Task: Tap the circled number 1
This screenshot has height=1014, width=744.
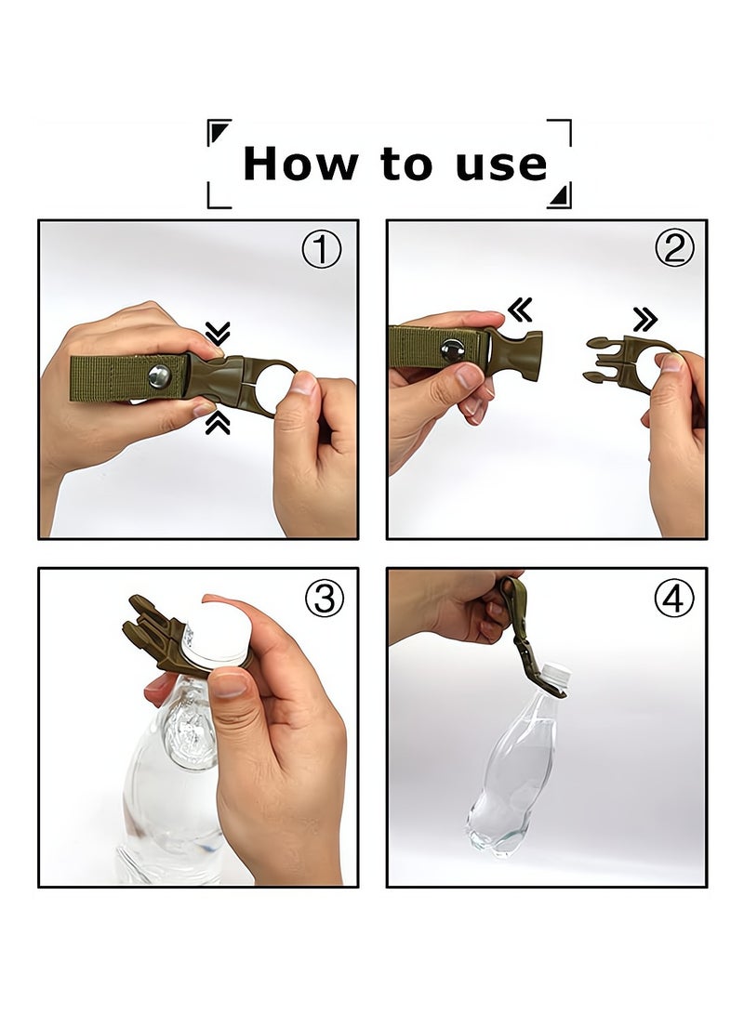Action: coord(322,250)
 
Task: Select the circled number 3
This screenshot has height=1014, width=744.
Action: coord(324,599)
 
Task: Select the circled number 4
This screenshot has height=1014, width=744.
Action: coord(673,599)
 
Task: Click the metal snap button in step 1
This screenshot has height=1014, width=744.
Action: coord(159,376)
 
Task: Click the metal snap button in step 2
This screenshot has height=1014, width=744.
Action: coord(453,350)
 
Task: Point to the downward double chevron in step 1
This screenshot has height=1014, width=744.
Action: coord(218,334)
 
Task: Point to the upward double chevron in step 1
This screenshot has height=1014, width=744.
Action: coord(218,424)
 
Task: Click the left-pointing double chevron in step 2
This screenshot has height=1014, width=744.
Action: coord(520,310)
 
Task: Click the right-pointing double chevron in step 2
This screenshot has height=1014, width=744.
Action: coord(644,320)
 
